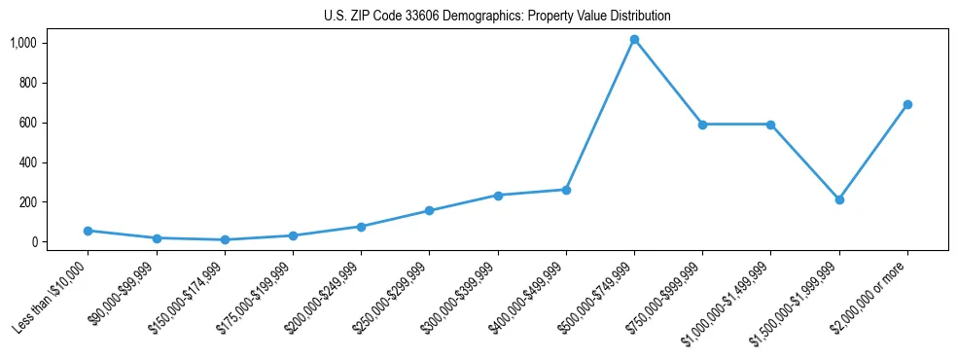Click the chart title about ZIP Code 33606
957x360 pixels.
click(x=497, y=17)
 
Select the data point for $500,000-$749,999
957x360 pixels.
click(x=634, y=40)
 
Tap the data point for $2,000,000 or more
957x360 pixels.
click(x=907, y=104)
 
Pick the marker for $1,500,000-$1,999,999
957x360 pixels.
click(x=839, y=199)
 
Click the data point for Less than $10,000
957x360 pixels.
click(x=89, y=231)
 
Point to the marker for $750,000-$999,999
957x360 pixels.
click(x=702, y=125)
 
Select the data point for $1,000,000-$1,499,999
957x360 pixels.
click(x=770, y=125)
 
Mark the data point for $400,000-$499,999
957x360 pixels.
click(x=566, y=190)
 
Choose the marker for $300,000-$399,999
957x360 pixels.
click(x=498, y=196)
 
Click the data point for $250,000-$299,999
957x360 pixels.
click(x=430, y=211)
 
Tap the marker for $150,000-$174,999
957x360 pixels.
click(x=225, y=239)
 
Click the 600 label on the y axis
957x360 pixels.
click(x=27, y=123)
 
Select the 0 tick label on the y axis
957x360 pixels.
click(x=33, y=242)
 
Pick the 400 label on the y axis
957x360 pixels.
click(x=27, y=162)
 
